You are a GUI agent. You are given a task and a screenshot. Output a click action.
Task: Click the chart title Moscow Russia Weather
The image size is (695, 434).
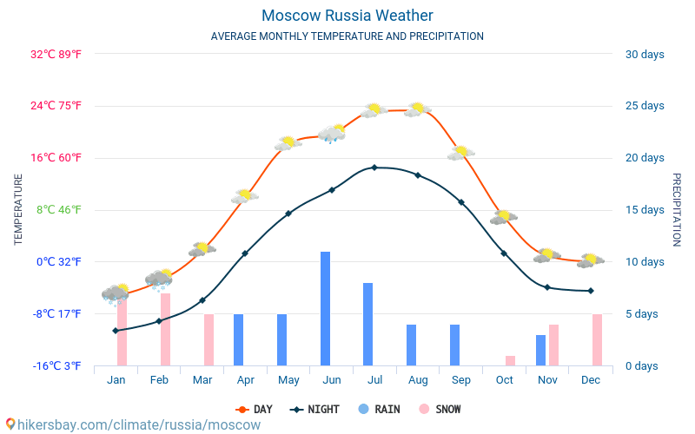point(347,16)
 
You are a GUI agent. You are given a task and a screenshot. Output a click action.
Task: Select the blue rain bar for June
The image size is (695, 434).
point(325,308)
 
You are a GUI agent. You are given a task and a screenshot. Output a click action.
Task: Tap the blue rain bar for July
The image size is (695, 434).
point(368,324)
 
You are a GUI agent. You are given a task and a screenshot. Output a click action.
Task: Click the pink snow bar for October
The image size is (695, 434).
point(511,360)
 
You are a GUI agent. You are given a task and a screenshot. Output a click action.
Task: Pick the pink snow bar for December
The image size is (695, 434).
point(597,339)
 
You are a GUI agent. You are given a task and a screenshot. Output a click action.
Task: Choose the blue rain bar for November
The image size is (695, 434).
point(540,350)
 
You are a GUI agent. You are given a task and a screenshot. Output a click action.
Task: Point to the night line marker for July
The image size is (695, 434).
point(374,168)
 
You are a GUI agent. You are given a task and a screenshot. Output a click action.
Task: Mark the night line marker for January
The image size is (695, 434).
point(116,331)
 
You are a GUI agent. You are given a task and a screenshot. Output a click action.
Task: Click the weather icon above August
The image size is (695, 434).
point(418,109)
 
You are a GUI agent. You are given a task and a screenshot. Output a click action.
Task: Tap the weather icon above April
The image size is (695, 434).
point(245,196)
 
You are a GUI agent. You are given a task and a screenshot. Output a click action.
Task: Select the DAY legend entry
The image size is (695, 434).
point(254,409)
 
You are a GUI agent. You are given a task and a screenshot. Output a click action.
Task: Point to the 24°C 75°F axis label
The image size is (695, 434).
point(56,106)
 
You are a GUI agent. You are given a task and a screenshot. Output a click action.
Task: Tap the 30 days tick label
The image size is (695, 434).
point(644,54)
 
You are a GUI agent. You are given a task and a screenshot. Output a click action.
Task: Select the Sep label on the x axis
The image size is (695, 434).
point(461,380)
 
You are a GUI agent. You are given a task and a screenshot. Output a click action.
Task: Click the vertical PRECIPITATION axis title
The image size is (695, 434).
point(676,209)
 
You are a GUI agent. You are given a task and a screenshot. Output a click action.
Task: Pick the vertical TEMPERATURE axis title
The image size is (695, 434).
point(18,209)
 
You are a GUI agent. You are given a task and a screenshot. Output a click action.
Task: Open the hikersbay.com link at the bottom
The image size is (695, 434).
point(132,424)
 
